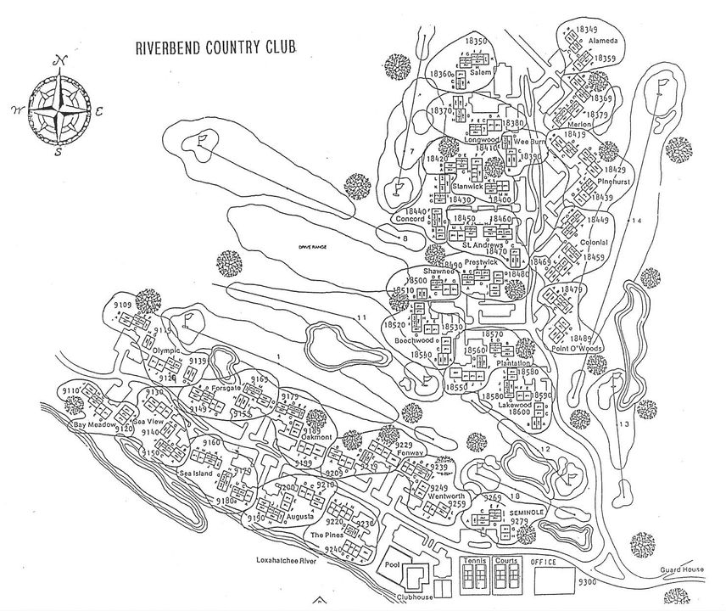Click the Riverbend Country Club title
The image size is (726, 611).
click(x=215, y=47)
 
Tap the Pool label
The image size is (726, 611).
click(x=392, y=563)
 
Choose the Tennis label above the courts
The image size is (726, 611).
click(x=476, y=562)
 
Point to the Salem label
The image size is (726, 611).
click(x=481, y=73)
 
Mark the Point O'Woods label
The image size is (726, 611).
click(x=574, y=325)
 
